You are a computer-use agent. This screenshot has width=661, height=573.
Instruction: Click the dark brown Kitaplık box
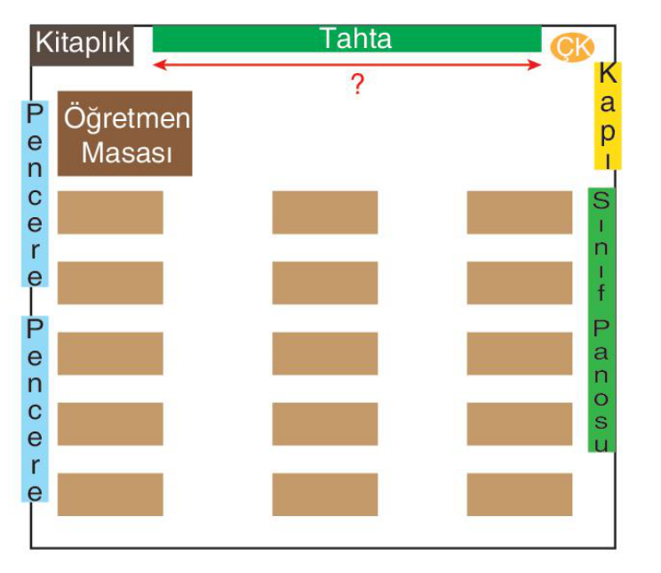click(x=83, y=45)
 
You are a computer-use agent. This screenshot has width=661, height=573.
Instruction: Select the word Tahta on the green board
click(x=356, y=39)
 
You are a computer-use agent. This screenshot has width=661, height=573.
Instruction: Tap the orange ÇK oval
click(x=572, y=47)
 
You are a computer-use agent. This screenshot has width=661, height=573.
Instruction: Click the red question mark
click(x=357, y=84)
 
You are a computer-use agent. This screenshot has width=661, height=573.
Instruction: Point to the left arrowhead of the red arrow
click(x=159, y=65)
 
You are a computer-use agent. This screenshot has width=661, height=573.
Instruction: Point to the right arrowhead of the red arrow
click(x=535, y=65)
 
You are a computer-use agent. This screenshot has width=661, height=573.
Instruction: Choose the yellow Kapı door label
click(x=608, y=116)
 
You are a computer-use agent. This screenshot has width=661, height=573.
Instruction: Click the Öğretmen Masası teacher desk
click(x=124, y=133)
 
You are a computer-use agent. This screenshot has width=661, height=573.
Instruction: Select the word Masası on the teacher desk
click(x=127, y=152)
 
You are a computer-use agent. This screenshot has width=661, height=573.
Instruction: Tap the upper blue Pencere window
click(x=35, y=194)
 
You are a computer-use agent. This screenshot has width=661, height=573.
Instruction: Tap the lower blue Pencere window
click(x=35, y=408)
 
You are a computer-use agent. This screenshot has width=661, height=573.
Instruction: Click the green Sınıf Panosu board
click(x=601, y=319)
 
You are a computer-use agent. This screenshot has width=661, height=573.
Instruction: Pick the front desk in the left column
click(x=110, y=213)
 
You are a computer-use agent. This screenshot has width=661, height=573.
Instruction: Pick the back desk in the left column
click(x=110, y=495)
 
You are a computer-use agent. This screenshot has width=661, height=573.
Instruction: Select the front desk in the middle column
click(x=325, y=213)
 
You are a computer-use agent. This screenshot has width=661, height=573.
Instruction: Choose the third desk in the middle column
click(x=325, y=353)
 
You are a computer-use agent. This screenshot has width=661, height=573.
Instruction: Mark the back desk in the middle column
click(x=325, y=495)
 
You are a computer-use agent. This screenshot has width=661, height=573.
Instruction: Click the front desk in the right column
click(x=520, y=213)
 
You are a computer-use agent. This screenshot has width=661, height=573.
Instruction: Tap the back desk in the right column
click(x=520, y=495)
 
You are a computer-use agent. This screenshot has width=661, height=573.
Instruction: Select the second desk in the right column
click(x=520, y=283)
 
